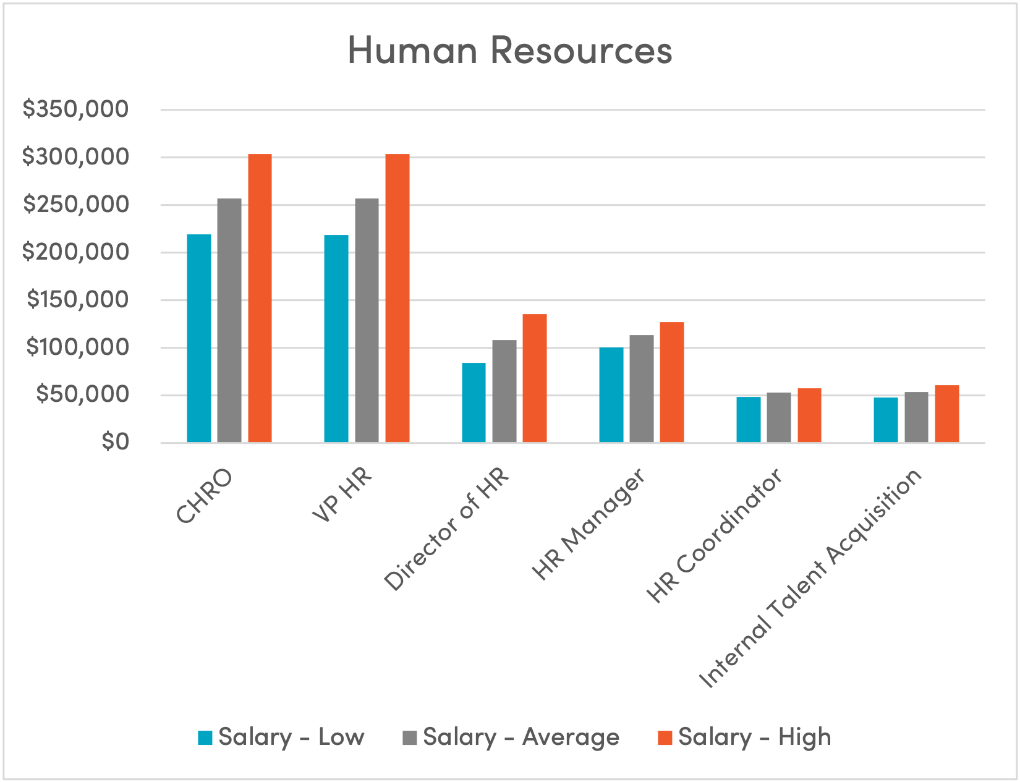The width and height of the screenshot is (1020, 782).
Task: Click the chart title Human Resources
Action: [509, 51]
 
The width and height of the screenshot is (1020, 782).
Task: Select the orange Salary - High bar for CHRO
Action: [260, 298]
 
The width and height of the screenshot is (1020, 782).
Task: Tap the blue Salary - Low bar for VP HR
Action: [336, 339]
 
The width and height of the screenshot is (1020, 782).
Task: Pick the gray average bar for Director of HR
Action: [504, 391]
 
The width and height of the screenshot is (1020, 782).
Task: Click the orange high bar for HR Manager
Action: [672, 382]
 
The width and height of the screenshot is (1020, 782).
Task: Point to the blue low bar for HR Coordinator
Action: [749, 420]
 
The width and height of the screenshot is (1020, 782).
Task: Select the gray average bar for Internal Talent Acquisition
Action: [916, 417]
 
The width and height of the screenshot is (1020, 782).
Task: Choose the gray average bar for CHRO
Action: [229, 320]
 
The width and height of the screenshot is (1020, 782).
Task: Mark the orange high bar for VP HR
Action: [397, 298]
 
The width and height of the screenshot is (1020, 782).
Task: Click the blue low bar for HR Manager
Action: [611, 395]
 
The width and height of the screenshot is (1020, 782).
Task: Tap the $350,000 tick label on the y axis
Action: [75, 109]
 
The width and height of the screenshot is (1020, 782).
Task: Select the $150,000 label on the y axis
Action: [77, 300]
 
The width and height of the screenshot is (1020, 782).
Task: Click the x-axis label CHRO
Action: [204, 497]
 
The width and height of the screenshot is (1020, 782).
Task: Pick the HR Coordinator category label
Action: [715, 535]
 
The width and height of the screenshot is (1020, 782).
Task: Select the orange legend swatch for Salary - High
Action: [665, 737]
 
